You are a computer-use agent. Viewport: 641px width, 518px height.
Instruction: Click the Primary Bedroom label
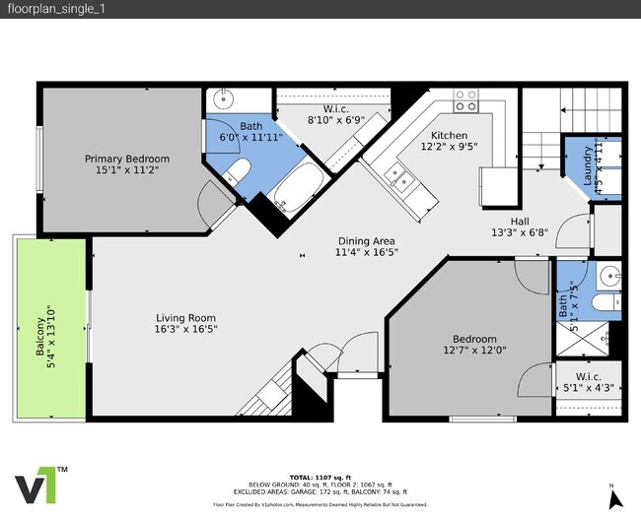(x=126, y=159)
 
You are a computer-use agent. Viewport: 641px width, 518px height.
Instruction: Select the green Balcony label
(x=40, y=339)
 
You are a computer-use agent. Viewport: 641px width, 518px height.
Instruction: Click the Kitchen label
(x=449, y=136)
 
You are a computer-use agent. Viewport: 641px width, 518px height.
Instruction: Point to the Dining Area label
(x=367, y=240)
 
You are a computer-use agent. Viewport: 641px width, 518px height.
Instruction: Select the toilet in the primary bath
(x=235, y=175)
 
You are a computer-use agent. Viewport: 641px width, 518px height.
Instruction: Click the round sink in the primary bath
(x=224, y=99)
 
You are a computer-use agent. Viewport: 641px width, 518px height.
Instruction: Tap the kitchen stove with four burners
(x=466, y=102)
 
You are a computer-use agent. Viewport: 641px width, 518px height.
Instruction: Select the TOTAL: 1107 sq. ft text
(x=320, y=477)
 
